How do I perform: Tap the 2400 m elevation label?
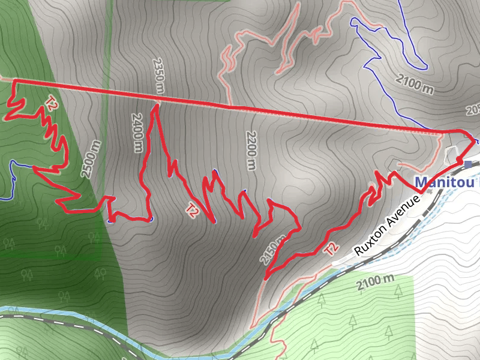[x=135, y=133]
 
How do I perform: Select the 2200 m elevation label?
[x=250, y=150]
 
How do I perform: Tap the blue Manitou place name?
[x=446, y=181]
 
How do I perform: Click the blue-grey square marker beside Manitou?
[x=468, y=164]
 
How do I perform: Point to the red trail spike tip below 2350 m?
[x=155, y=107]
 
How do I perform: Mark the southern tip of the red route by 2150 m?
[x=265, y=278]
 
